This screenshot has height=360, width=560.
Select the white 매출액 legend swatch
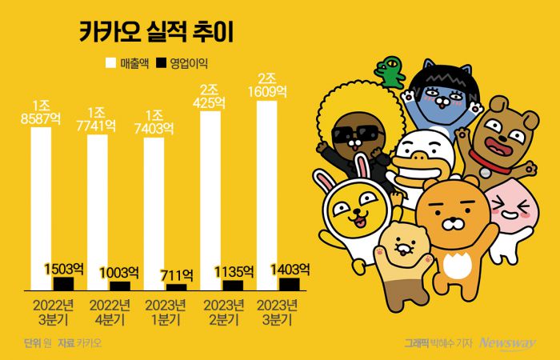point(111,62)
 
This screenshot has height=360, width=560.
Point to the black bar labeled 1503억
point(63,283)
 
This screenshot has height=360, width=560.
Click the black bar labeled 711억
point(176,286)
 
